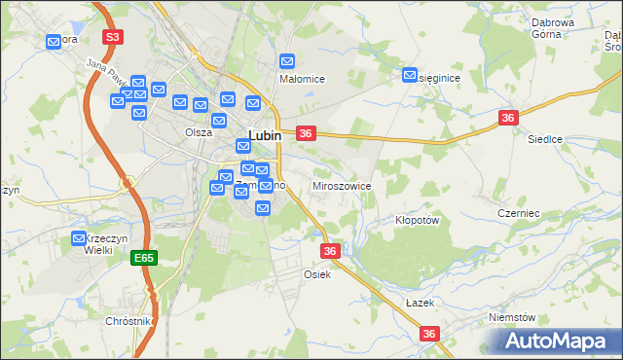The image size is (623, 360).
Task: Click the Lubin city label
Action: pyautogui.click(x=265, y=137)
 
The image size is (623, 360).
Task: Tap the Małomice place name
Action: pyautogui.click(x=302, y=79)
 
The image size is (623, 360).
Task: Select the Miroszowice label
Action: pyautogui.click(x=341, y=185)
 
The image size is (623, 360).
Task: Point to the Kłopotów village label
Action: pyautogui.click(x=419, y=220)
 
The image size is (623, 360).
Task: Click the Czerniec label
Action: pyautogui.click(x=518, y=213)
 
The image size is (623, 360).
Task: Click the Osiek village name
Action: pyautogui.click(x=318, y=274)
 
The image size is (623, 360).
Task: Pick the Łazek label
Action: pyautogui.click(x=419, y=303)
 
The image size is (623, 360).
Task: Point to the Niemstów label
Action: pyautogui.click(x=513, y=317)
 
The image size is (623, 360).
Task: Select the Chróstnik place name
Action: pyautogui.click(x=129, y=321)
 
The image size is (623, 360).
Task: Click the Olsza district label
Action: pyautogui.click(x=199, y=132)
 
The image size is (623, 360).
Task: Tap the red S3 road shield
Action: pyautogui.click(x=114, y=37)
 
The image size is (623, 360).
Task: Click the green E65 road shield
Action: pyautogui.click(x=144, y=258)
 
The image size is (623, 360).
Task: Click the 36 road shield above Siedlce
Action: pyautogui.click(x=507, y=117)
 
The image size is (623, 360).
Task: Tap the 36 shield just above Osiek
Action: pyautogui.click(x=330, y=251)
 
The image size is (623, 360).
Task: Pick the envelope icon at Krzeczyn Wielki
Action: pyautogui.click(x=80, y=238)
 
